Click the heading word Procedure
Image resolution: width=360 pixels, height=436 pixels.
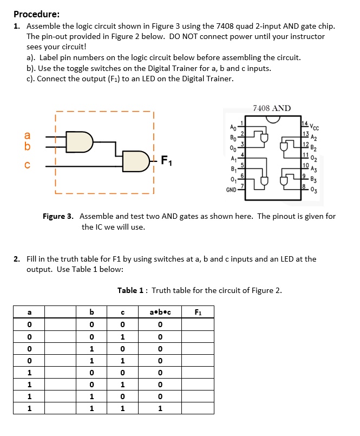tap(36, 14)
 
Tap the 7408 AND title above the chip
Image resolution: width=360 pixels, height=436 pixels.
tap(272, 108)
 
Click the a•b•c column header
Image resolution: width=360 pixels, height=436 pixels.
tap(159, 311)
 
